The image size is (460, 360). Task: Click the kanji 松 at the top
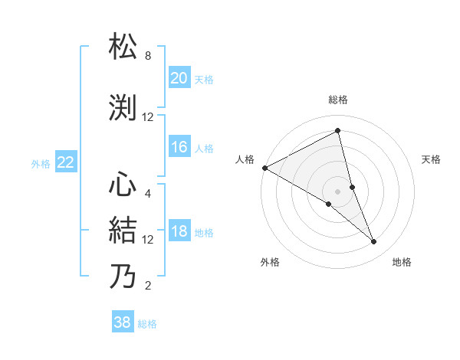[123, 47]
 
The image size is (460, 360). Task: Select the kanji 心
[123, 185]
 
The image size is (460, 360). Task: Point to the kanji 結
[123, 231]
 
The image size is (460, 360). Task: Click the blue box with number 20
[179, 78]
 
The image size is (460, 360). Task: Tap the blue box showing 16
[179, 147]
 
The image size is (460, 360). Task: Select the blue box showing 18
[179, 231]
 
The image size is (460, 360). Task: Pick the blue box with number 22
[66, 162]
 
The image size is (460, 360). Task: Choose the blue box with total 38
[123, 323]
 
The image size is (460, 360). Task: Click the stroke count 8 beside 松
[148, 56]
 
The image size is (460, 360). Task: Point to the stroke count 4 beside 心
[148, 193]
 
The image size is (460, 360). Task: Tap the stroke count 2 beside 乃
[148, 286]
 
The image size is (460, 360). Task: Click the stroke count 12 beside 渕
[148, 117]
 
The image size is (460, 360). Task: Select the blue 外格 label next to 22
[41, 163]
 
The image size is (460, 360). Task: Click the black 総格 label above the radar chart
[337, 100]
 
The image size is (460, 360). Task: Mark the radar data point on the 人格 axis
[264, 168]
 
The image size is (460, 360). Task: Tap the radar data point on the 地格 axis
[374, 242]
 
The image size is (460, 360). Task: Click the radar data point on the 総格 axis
[337, 131]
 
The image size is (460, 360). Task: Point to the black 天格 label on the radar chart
[432, 159]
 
